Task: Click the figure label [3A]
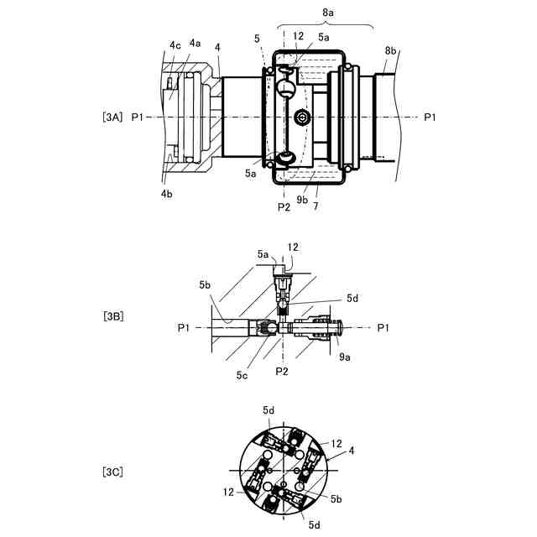pos(112,117)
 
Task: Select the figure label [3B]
pos(113,316)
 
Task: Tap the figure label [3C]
pos(112,472)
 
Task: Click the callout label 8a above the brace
pos(328,13)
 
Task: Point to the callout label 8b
pos(390,50)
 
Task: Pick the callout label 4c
pos(175,44)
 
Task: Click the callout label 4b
pos(167,194)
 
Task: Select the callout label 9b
pos(302,200)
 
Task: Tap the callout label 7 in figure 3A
pos(315,206)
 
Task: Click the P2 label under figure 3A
pos(284,207)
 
